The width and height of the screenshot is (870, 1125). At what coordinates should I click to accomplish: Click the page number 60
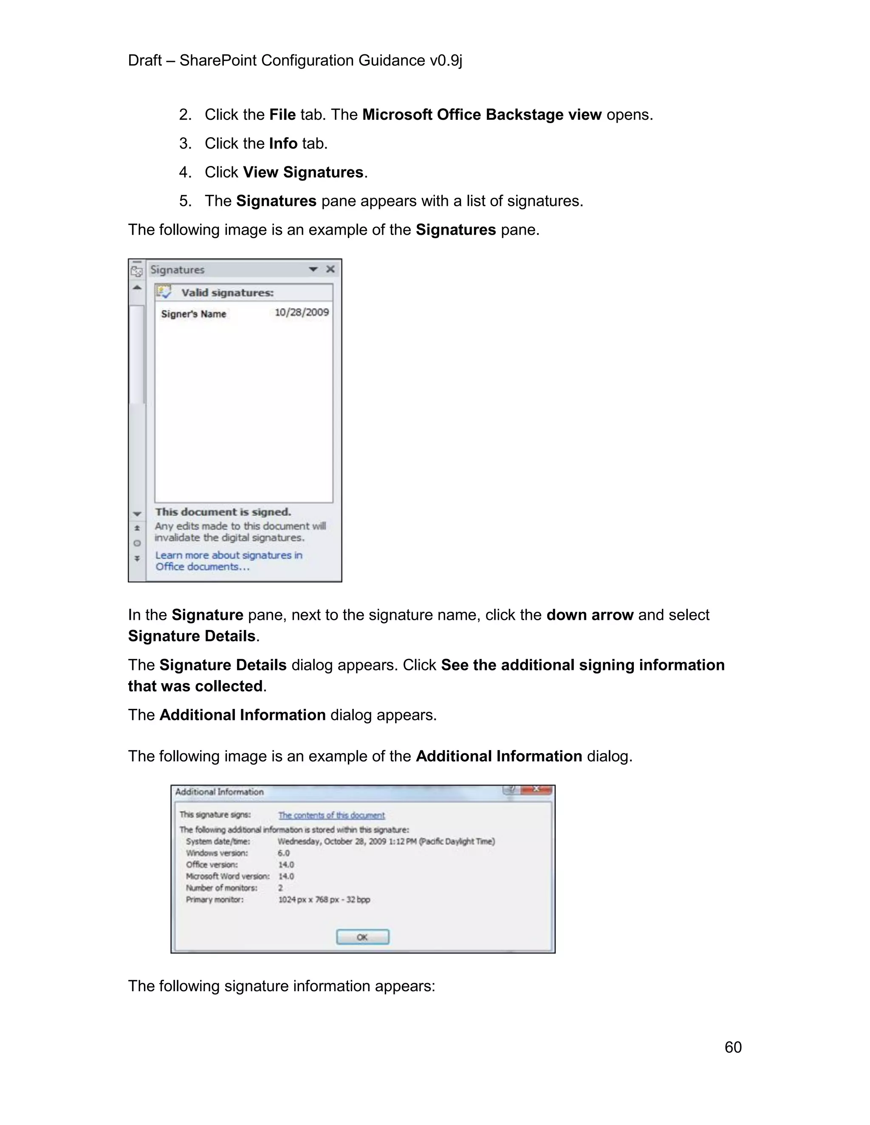(x=732, y=1047)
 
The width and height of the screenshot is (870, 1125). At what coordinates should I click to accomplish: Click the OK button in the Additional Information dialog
(x=362, y=937)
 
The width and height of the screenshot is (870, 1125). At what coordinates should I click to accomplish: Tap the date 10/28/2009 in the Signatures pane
(x=302, y=312)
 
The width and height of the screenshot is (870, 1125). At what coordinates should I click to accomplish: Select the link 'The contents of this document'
(x=331, y=815)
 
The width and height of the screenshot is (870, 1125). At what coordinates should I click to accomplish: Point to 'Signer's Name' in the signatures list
(x=193, y=314)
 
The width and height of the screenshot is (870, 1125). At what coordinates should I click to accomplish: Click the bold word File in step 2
(x=282, y=114)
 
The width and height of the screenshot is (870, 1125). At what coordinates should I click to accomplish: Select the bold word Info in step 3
(x=283, y=143)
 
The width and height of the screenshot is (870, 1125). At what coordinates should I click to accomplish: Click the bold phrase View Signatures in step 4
(x=303, y=172)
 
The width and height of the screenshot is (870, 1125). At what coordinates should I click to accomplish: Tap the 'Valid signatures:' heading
(x=227, y=292)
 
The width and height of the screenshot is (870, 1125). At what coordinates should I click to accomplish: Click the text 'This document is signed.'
(x=223, y=512)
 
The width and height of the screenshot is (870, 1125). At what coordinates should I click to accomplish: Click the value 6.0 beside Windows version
(x=283, y=853)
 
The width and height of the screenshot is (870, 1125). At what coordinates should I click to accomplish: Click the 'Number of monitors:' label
(x=222, y=888)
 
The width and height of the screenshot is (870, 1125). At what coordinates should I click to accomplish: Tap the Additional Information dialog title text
(x=219, y=792)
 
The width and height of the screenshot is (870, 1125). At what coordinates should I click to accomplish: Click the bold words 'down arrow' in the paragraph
(x=589, y=615)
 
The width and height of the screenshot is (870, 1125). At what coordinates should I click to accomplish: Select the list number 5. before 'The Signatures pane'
(x=185, y=201)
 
